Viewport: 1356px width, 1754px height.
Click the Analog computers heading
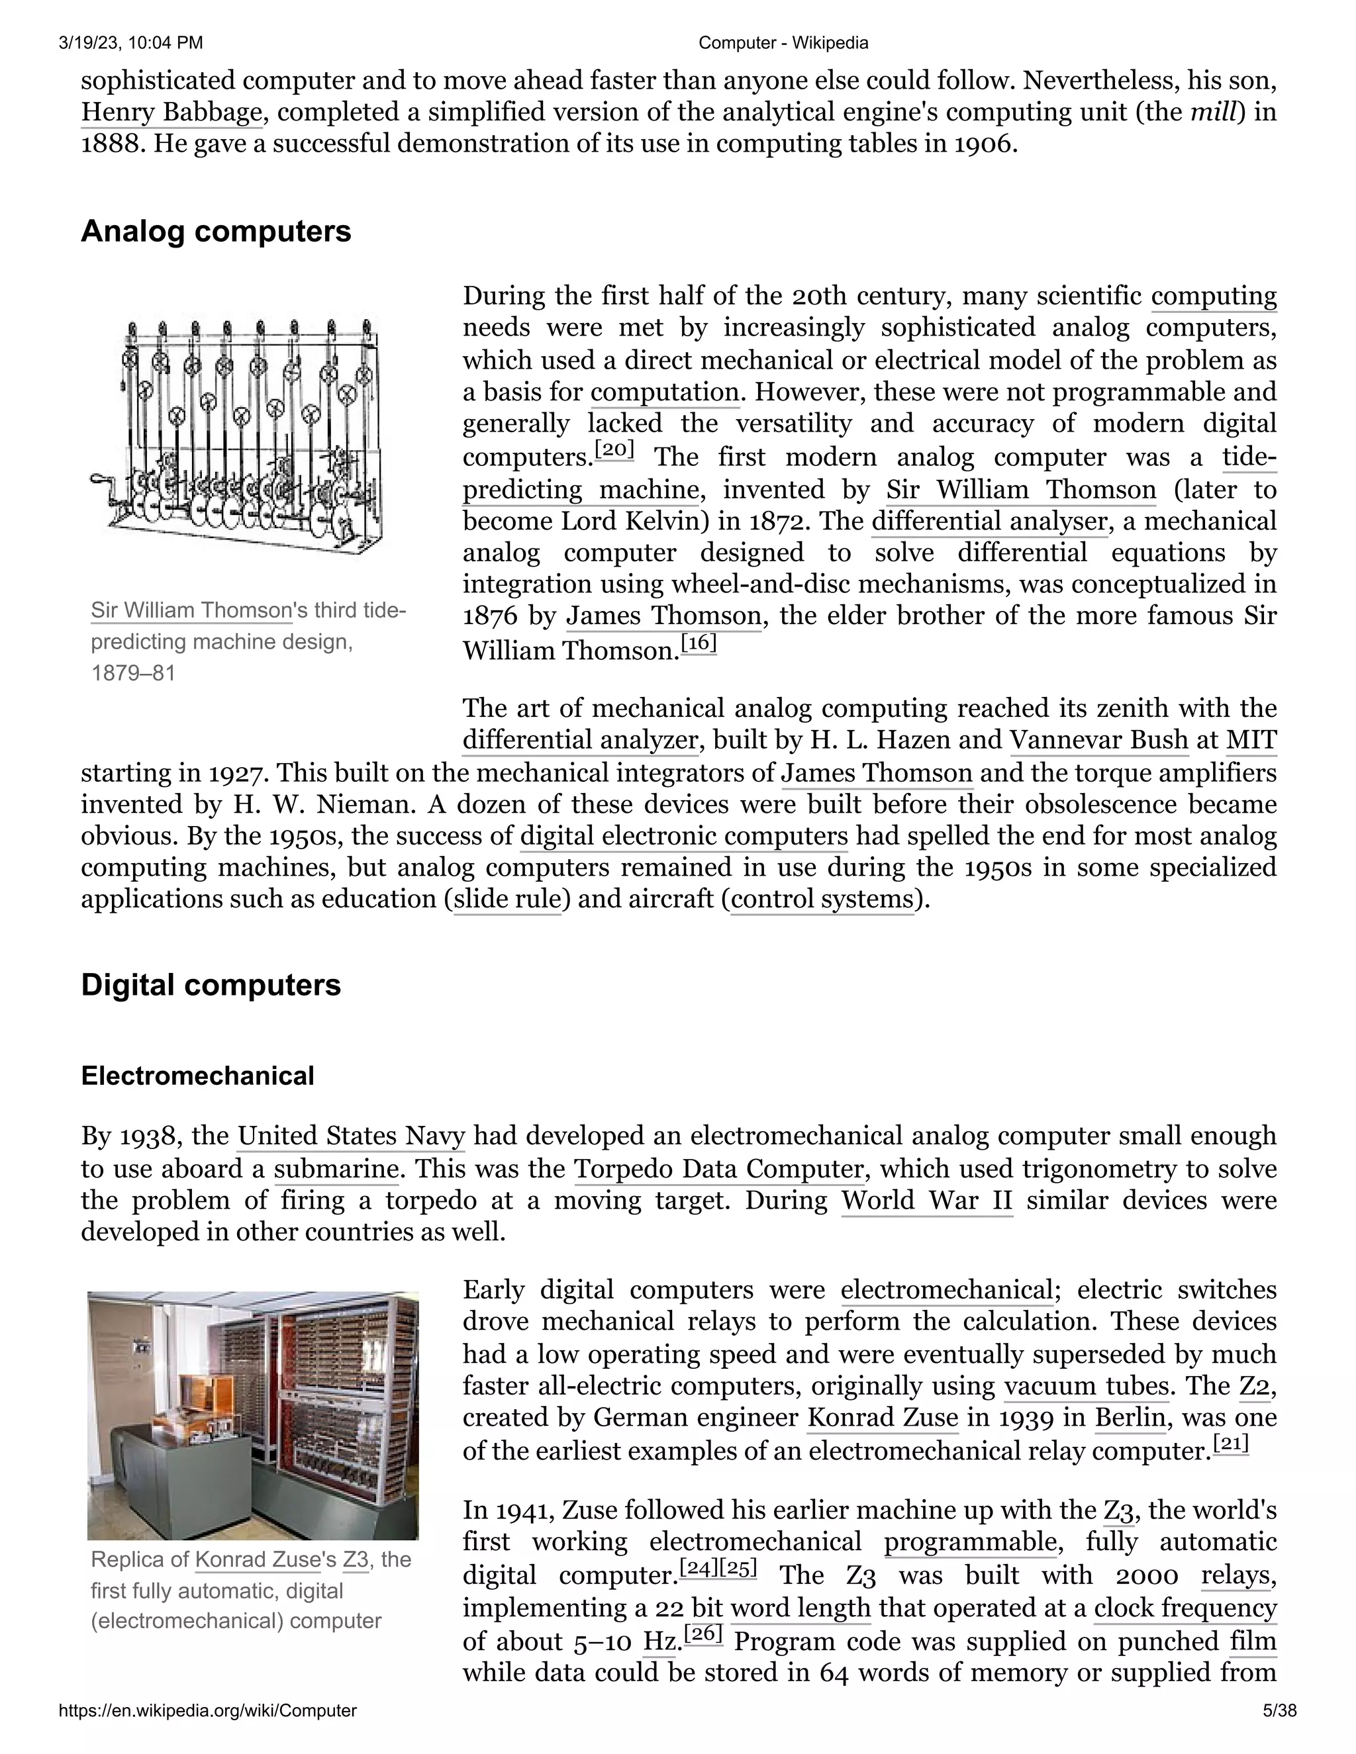pos(215,231)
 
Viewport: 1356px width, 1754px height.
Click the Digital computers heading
pos(211,985)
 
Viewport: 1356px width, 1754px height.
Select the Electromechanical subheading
pos(197,1076)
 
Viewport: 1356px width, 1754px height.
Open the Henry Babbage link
pos(171,112)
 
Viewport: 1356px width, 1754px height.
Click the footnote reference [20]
pos(614,449)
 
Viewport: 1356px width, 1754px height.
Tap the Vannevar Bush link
pos(1098,740)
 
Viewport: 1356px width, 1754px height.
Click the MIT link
pos(1251,740)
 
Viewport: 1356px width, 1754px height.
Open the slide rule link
pos(507,898)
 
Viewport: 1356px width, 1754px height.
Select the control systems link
pos(822,898)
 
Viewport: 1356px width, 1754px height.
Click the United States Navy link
pos(351,1136)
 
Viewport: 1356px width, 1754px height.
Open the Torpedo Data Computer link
pos(719,1168)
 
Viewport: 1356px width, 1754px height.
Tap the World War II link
pos(926,1200)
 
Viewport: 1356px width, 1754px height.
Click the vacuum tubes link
pos(1086,1385)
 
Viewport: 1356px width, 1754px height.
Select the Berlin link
pos(1130,1418)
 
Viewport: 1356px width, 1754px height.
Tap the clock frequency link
pos(1185,1608)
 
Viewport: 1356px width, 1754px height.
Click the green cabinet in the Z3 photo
pos(182,1478)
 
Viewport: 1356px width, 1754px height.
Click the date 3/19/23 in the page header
pos(89,42)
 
